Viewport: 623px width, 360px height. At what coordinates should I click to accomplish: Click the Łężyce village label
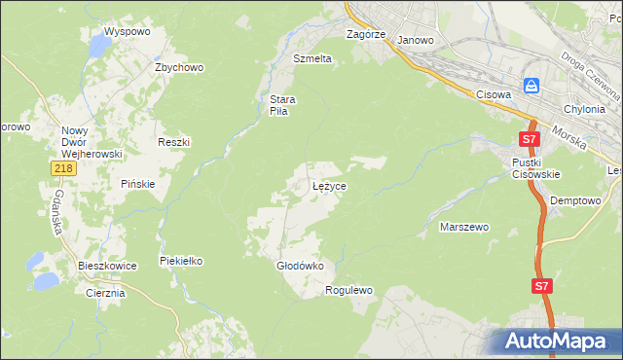pyautogui.click(x=329, y=185)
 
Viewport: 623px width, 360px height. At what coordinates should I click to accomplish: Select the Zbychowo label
pyautogui.click(x=179, y=67)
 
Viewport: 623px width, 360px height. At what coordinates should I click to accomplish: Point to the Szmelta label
pyautogui.click(x=312, y=58)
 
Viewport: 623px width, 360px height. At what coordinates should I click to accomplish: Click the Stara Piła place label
pyautogui.click(x=282, y=105)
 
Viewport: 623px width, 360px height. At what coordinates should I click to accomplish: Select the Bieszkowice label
pyautogui.click(x=107, y=265)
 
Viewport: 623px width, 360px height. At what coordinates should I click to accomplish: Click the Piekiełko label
pyautogui.click(x=181, y=261)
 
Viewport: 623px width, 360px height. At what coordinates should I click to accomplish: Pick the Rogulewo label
pyautogui.click(x=349, y=290)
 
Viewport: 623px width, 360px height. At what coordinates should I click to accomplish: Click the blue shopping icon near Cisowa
pyautogui.click(x=531, y=86)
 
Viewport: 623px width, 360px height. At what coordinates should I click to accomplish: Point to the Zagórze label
pyautogui.click(x=367, y=34)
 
